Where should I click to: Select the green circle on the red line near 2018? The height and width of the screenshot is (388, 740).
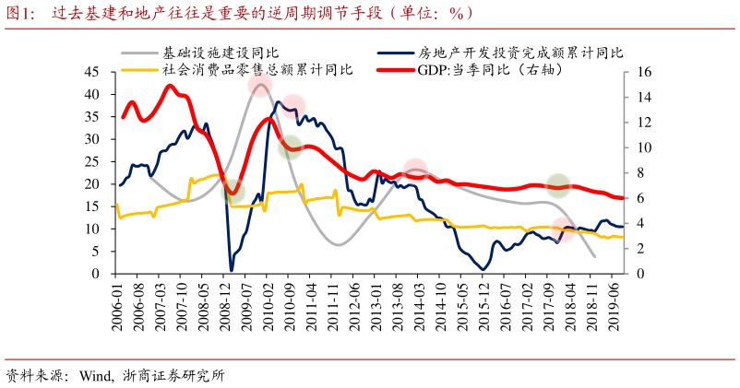557,185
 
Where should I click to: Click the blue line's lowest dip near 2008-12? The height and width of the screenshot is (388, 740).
232,269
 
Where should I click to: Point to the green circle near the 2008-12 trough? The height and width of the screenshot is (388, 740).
233,193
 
